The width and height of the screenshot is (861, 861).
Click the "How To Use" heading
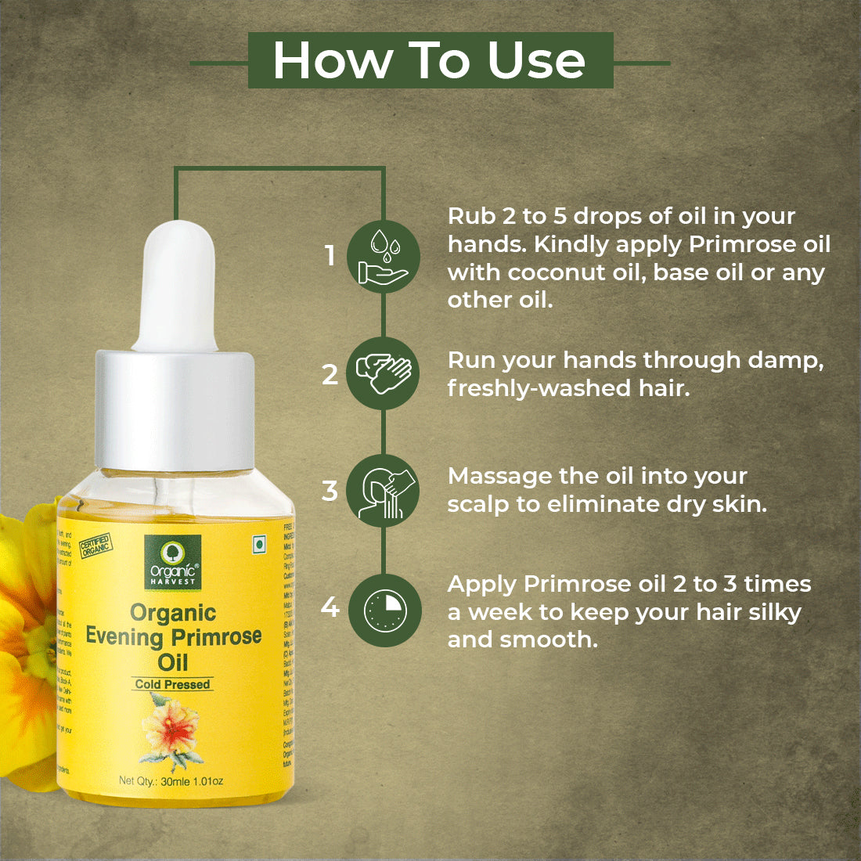(x=430, y=60)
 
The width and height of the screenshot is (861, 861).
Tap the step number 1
(x=330, y=255)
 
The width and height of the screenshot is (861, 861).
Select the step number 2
(x=330, y=374)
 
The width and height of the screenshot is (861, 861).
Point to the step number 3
(x=330, y=491)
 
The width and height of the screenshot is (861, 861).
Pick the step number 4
(x=330, y=607)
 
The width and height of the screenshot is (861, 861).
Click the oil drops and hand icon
(x=384, y=257)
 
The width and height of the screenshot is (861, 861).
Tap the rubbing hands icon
(x=384, y=373)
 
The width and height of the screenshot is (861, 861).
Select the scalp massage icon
(x=384, y=492)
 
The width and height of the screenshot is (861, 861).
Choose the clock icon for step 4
(x=384, y=611)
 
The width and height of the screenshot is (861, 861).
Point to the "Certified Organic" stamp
(x=95, y=546)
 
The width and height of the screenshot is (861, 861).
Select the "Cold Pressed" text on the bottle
(x=172, y=684)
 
